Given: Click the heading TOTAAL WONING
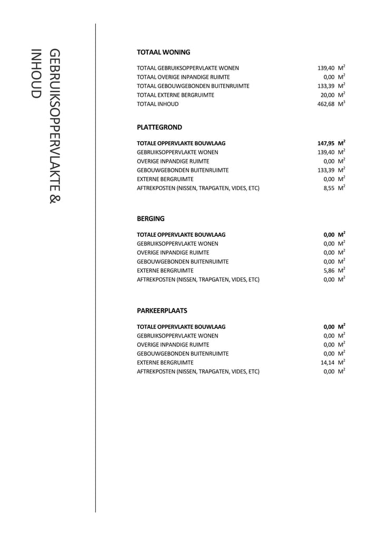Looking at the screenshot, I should tap(163, 52).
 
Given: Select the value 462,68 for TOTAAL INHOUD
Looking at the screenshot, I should tap(326, 104).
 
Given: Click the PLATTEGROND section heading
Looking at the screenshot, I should tap(159, 127).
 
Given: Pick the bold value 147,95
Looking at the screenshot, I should tap(326, 143).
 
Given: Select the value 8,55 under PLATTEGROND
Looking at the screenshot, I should tap(329, 188).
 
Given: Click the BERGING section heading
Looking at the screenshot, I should tap(151, 219).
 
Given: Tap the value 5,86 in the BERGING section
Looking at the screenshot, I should tap(329, 271).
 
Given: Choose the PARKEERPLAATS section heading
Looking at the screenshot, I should tap(162, 311).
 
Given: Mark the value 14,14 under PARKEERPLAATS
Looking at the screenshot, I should tap(327, 363).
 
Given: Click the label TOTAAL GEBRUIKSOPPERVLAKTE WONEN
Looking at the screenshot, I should tap(187, 68).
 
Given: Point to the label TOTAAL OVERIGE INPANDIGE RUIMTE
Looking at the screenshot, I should tap(183, 77).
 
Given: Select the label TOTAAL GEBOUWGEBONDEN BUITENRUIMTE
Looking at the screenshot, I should tap(193, 86).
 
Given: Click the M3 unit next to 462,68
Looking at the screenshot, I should tap(342, 104).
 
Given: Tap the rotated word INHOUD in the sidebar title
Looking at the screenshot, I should tap(36, 73).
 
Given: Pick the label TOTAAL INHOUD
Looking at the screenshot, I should tap(157, 104).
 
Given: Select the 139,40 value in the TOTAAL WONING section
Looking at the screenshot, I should tap(326, 68).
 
